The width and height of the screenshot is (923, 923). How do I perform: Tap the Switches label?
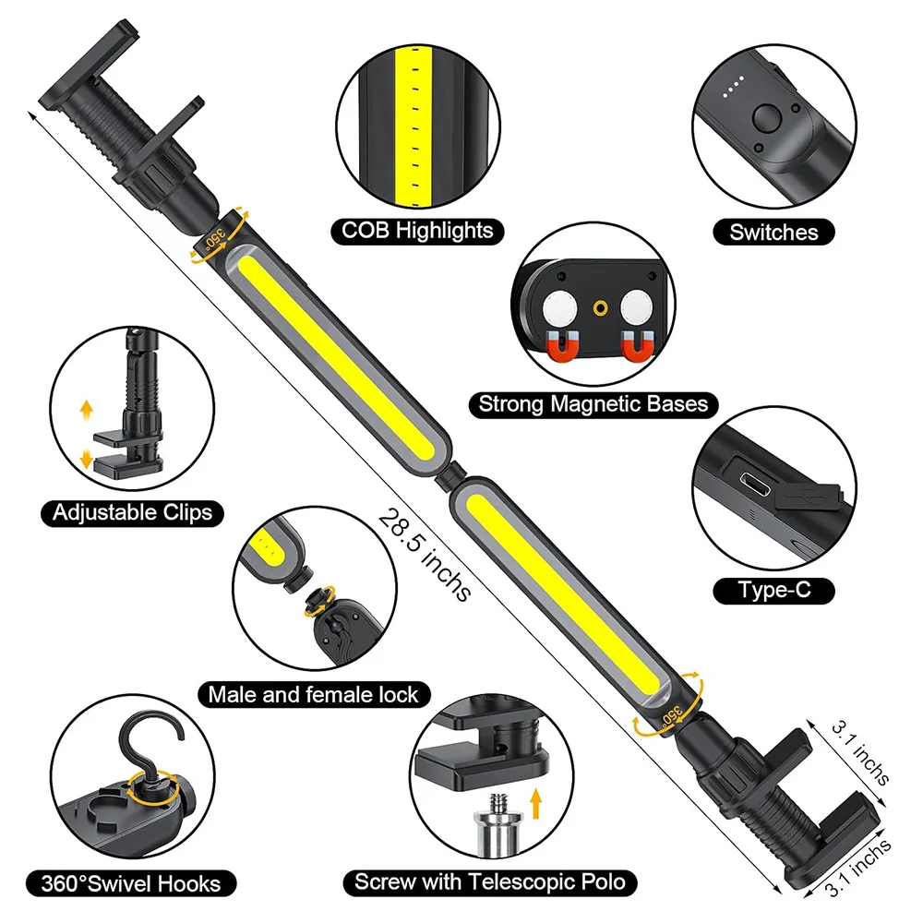773,232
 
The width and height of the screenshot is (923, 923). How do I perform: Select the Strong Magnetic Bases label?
593,403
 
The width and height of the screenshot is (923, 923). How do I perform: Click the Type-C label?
773,589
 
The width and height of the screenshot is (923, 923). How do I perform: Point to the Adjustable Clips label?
132,512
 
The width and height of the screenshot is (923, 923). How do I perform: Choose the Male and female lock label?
313,694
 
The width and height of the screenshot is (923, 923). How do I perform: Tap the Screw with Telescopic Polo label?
490,881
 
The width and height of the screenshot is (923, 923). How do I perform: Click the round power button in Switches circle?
766,119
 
